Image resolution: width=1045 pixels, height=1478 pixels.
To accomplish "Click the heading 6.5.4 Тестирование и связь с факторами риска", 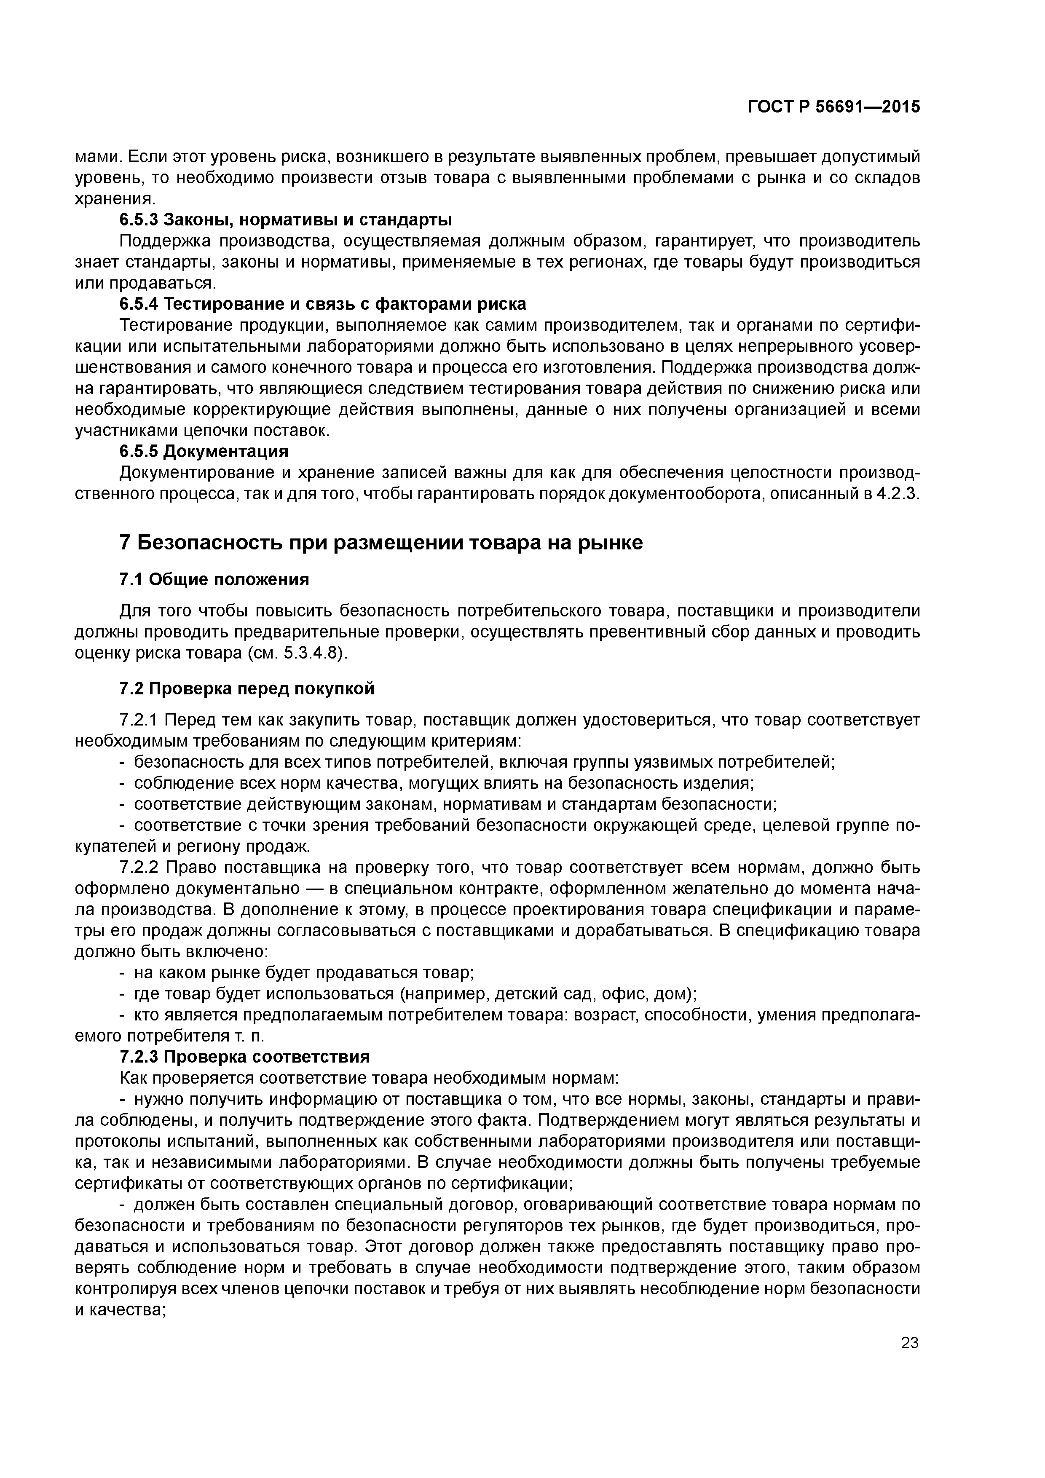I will (x=323, y=303).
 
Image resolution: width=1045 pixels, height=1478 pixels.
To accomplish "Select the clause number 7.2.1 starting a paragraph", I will (x=139, y=719).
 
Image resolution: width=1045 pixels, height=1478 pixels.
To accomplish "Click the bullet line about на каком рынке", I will (x=303, y=973).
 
